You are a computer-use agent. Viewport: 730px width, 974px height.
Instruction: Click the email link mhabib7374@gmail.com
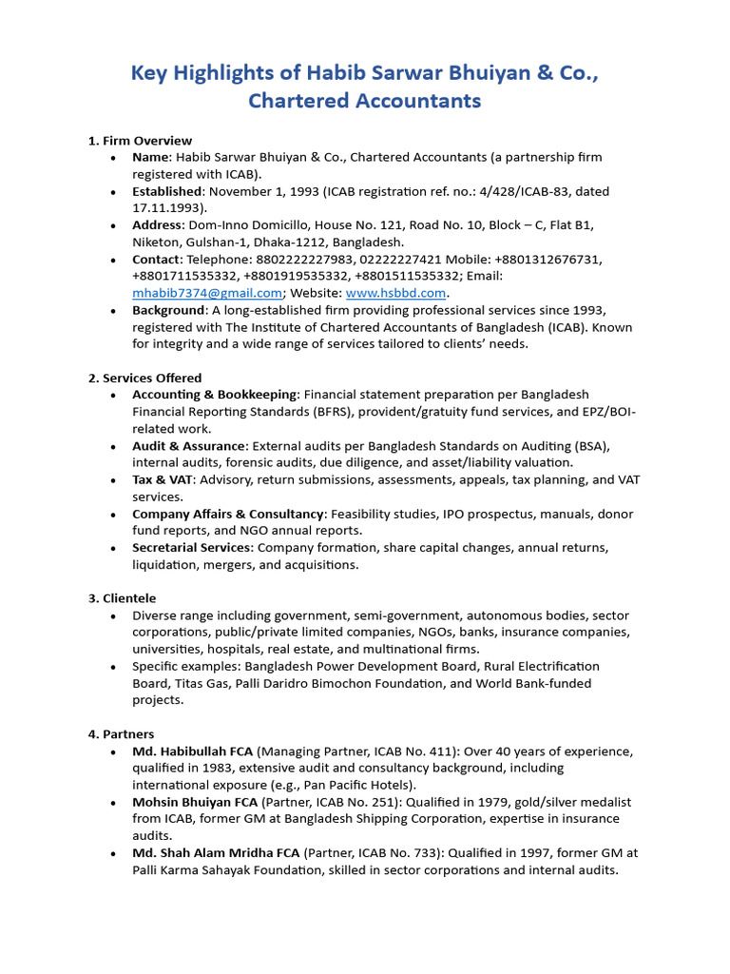coord(207,293)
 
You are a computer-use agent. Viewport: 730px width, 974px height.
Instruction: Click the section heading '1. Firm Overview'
coord(140,141)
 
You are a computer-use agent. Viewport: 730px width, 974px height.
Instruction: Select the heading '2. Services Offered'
coord(144,378)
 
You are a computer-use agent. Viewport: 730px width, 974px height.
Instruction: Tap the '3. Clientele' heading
coord(122,598)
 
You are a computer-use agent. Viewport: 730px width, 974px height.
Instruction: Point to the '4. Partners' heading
coord(121,734)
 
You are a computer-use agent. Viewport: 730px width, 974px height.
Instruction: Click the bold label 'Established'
coord(166,191)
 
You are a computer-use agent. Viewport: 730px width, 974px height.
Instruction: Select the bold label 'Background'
coord(168,310)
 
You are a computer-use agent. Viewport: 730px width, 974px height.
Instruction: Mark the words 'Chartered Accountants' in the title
coord(365,101)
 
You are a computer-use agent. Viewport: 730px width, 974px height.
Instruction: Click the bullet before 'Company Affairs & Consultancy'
coord(114,515)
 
